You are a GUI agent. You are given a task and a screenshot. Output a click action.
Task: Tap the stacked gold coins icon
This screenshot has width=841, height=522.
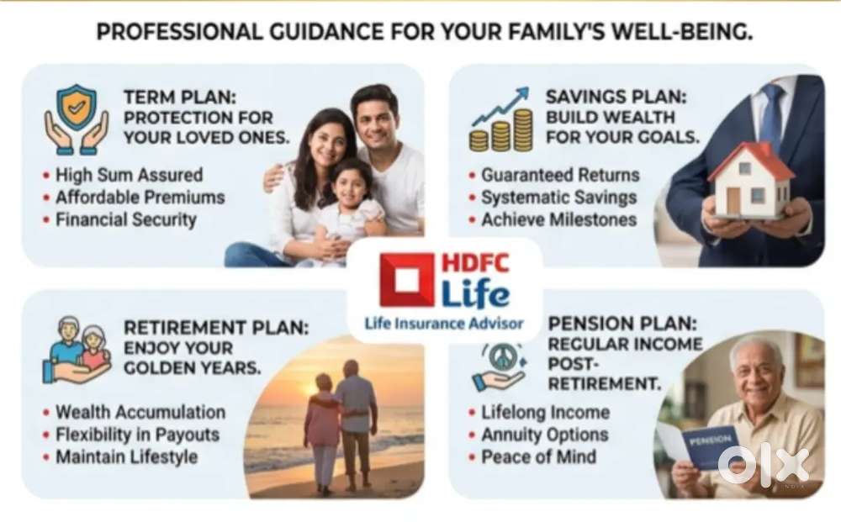pyautogui.click(x=501, y=130)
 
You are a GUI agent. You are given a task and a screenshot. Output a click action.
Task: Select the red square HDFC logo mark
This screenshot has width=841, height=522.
pyautogui.click(x=406, y=280)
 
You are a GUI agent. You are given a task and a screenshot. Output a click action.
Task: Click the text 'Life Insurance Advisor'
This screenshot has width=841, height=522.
pyautogui.click(x=444, y=324)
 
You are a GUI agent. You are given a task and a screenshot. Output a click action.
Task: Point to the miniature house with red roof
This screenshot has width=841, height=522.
pyautogui.click(x=751, y=180)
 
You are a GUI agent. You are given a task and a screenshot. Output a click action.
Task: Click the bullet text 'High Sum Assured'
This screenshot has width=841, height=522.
pyautogui.click(x=130, y=175)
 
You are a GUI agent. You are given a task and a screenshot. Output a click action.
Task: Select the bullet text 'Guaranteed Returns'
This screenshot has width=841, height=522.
pyautogui.click(x=560, y=175)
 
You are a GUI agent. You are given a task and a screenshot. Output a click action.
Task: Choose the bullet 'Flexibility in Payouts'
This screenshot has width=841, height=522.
pyautogui.click(x=138, y=435)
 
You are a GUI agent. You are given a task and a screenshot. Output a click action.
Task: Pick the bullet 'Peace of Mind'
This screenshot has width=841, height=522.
pyautogui.click(x=538, y=456)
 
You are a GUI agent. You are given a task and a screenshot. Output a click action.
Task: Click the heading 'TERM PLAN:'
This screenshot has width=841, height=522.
pyautogui.click(x=180, y=98)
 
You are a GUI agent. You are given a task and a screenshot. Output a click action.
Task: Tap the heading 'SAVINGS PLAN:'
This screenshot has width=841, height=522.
pyautogui.click(x=616, y=97)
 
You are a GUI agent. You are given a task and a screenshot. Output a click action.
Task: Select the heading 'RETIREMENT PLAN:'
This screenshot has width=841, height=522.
pyautogui.click(x=216, y=328)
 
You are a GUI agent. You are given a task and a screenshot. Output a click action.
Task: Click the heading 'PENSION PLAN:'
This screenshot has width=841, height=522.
pyautogui.click(x=622, y=324)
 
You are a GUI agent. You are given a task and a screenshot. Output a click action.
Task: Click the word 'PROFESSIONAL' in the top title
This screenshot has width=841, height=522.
pyautogui.click(x=180, y=32)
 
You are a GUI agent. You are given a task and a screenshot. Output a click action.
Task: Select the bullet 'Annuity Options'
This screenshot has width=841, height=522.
pyautogui.click(x=545, y=435)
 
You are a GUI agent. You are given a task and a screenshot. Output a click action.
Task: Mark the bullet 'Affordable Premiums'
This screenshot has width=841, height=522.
pyautogui.click(x=140, y=198)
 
